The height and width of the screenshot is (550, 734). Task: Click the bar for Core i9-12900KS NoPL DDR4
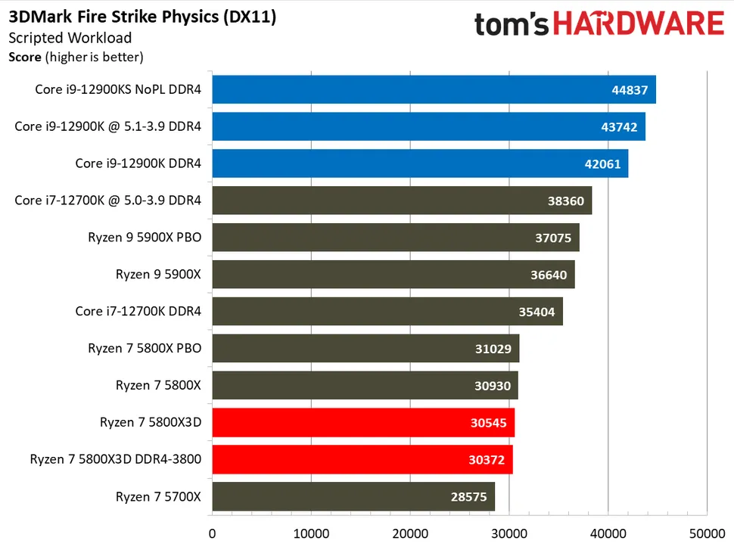click(434, 89)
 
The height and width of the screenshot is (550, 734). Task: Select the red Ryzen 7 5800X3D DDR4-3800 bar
click(362, 459)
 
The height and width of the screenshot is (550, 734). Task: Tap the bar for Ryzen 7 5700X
click(353, 496)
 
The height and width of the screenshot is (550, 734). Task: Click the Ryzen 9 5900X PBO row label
click(145, 238)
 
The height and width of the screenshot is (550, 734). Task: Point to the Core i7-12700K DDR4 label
click(138, 311)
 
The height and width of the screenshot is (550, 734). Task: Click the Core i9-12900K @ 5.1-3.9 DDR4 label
click(108, 126)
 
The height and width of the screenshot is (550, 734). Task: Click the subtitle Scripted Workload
click(70, 38)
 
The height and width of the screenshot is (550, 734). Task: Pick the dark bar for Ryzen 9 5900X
click(393, 275)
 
